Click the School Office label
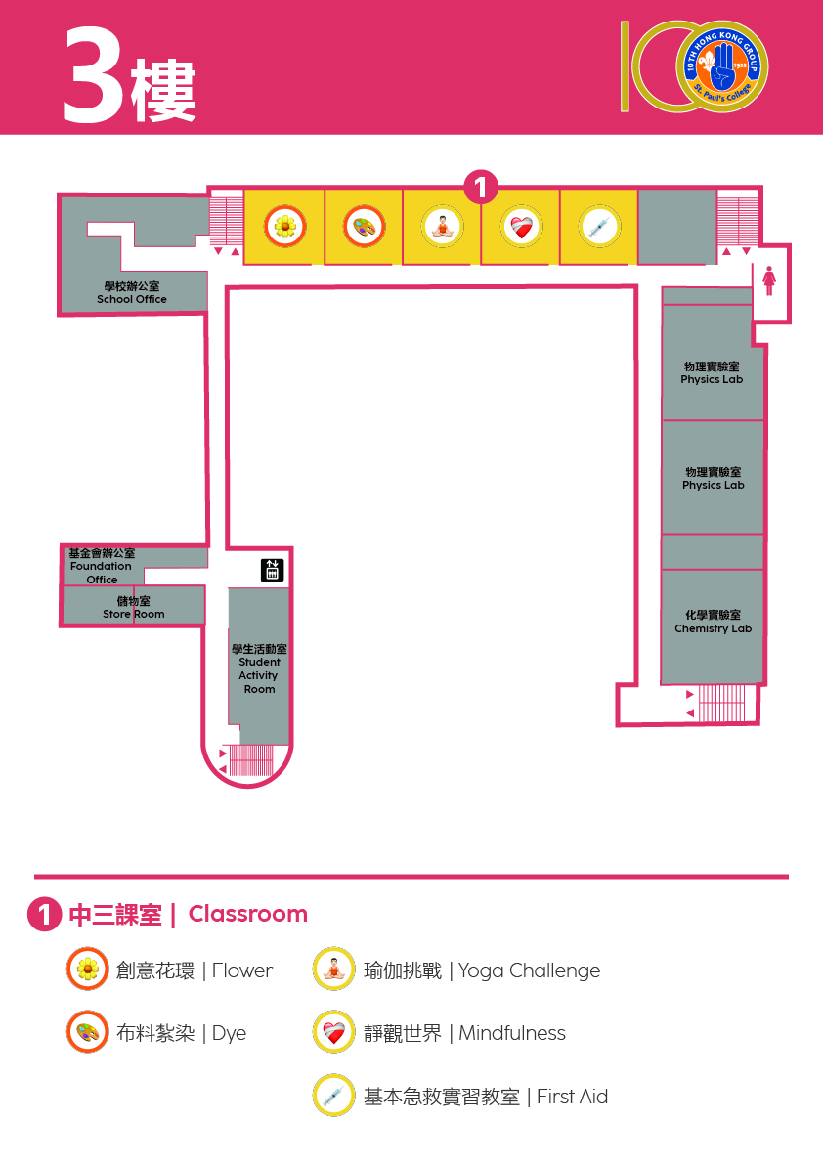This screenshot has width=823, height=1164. click(132, 293)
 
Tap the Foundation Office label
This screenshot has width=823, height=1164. click(102, 567)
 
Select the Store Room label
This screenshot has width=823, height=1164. click(134, 608)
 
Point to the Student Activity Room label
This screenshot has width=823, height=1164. click(259, 668)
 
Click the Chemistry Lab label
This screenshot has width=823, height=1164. click(714, 623)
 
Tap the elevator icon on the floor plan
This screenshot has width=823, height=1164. click(273, 570)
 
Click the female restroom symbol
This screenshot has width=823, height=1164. click(769, 281)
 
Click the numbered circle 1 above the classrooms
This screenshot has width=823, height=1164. click(481, 187)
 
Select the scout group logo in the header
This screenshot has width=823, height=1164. click(722, 66)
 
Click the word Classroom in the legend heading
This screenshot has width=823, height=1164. click(247, 914)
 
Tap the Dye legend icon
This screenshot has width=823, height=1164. click(88, 1032)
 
